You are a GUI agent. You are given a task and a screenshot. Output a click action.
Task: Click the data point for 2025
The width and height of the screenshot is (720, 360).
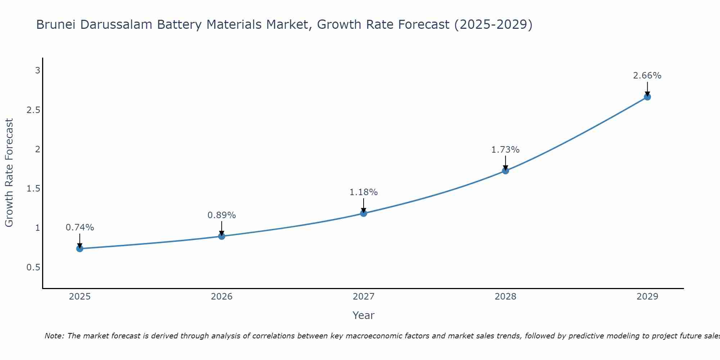[x=80, y=248]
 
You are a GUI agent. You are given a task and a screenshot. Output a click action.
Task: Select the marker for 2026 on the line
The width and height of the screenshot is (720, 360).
[x=222, y=236]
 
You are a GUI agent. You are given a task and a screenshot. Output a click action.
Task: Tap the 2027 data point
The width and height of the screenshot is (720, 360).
[x=364, y=213]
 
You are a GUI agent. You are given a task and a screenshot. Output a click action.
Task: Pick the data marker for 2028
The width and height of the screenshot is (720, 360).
[x=505, y=171]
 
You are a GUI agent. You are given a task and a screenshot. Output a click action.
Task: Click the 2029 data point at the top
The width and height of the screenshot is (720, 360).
[x=647, y=97]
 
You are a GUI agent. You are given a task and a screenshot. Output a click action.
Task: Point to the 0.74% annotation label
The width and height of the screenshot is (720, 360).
[x=80, y=228]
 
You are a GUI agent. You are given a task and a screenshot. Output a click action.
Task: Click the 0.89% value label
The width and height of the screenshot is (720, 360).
[x=222, y=215]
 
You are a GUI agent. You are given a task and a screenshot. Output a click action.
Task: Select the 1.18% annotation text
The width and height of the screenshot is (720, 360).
[x=364, y=192]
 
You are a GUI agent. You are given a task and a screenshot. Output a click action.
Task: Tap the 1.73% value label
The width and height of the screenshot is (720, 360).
[x=505, y=150]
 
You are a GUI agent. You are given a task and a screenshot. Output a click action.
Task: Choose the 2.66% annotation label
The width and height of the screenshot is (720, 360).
[x=647, y=76]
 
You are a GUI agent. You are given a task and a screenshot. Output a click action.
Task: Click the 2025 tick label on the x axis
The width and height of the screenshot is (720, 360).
[x=80, y=297]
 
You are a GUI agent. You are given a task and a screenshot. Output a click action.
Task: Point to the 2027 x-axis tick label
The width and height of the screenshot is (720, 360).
[x=364, y=297]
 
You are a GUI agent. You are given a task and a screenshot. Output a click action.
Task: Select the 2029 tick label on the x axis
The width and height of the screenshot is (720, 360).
[x=647, y=297]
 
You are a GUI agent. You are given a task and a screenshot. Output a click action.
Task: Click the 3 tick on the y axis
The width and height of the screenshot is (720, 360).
[x=37, y=71]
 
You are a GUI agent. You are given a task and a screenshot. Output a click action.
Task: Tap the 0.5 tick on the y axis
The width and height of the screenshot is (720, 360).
[x=33, y=267]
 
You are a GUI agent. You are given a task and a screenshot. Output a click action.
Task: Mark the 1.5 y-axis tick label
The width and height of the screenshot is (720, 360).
[x=33, y=189]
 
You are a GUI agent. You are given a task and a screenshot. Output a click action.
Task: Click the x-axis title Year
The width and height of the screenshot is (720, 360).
[x=364, y=315]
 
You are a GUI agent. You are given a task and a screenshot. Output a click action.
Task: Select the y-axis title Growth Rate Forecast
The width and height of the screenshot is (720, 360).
[x=9, y=173]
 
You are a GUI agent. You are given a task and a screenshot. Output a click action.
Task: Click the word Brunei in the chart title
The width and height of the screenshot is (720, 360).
[x=56, y=24]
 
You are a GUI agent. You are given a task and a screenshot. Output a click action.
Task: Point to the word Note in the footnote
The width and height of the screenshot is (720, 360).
[x=54, y=336]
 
